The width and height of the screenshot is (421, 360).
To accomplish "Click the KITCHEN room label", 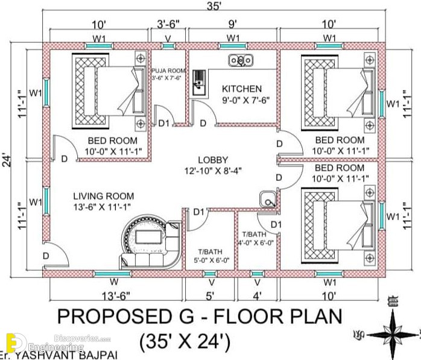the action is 242,89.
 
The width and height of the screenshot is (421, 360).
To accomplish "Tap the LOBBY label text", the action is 213,160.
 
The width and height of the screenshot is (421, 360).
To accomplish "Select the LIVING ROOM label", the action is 104,196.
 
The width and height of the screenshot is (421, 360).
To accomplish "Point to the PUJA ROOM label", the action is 168,71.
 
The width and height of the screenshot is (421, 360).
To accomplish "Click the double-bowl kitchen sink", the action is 241,60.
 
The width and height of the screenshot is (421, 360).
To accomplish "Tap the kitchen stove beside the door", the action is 199,83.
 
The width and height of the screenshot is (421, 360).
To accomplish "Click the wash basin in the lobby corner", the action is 268,200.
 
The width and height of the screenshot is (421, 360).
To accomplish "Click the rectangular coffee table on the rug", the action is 148,237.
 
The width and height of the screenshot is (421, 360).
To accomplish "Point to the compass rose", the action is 392,335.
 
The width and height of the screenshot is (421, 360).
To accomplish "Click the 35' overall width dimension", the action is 214,6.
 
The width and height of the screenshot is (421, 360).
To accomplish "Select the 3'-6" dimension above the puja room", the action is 168,25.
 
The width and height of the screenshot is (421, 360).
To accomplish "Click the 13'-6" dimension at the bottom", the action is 116,296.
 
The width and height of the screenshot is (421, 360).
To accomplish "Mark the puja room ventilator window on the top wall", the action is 168,46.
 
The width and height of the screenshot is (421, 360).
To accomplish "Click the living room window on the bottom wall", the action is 112,274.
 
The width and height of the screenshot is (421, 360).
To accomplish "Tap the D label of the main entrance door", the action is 46,256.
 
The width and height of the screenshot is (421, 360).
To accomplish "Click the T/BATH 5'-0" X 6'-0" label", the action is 211,256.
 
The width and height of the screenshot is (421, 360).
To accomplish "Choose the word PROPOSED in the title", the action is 114,316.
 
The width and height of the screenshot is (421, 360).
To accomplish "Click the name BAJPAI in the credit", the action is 98,355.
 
